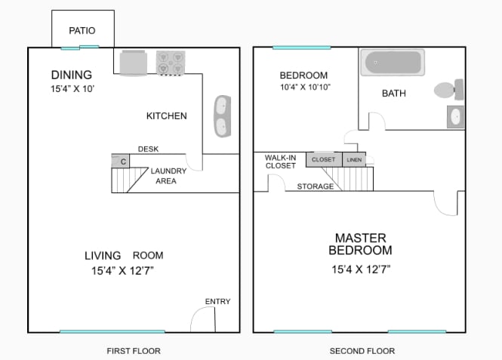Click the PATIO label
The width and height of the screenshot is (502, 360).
pyautogui.click(x=82, y=31)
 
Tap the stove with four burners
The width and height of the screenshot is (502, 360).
pyautogui.click(x=171, y=63)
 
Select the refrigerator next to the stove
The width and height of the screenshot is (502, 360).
pyautogui.click(x=133, y=63)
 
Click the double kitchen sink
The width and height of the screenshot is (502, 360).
pyautogui.click(x=223, y=116)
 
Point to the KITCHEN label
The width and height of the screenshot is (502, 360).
pyautogui.click(x=167, y=115)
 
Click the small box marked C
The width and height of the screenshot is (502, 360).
pyautogui.click(x=120, y=161)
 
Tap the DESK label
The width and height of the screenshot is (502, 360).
pyautogui.click(x=148, y=149)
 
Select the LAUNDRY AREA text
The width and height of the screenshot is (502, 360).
pyautogui.click(x=168, y=176)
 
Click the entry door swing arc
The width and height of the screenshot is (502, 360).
pyautogui.click(x=196, y=313)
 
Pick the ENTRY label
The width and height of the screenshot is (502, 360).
pyautogui.click(x=217, y=301)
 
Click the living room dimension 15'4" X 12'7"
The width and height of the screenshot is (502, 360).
pyautogui.click(x=122, y=271)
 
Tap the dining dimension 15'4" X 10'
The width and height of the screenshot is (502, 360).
pyautogui.click(x=72, y=88)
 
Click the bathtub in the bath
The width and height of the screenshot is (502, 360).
pyautogui.click(x=393, y=63)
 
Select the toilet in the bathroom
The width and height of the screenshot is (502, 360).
pyautogui.click(x=449, y=90)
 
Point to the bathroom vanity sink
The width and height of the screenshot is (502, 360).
pyautogui.click(x=455, y=117)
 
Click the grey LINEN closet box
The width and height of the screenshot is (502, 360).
pyautogui.click(x=354, y=160)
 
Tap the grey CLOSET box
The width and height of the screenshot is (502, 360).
pyautogui.click(x=324, y=159)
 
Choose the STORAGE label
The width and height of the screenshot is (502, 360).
pyautogui.click(x=316, y=186)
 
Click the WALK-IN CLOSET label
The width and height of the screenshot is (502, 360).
pyautogui.click(x=281, y=162)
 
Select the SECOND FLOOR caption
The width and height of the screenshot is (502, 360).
pyautogui.click(x=362, y=351)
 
